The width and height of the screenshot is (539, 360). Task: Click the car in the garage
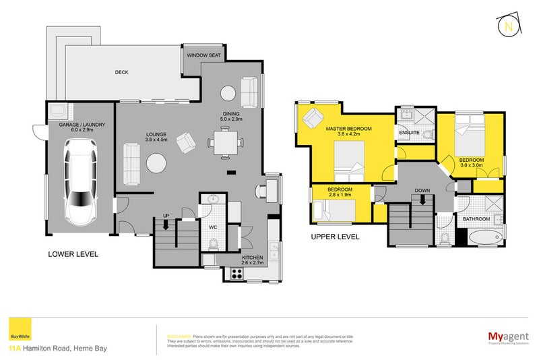(x=80, y=182)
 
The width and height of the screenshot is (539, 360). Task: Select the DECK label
(x=121, y=72)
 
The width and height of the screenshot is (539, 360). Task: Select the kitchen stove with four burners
(x=237, y=273)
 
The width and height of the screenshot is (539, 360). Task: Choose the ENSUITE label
(x=410, y=133)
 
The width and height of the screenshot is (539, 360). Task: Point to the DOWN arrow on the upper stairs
(x=422, y=196)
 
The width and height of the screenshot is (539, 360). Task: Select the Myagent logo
(x=507, y=336)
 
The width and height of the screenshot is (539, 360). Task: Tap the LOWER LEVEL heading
(x=73, y=254)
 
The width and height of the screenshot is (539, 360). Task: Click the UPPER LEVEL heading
(x=335, y=237)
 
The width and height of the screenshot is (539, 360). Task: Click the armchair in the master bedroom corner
(x=313, y=117)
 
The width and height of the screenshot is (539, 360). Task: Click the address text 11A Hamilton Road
(x=57, y=349)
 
